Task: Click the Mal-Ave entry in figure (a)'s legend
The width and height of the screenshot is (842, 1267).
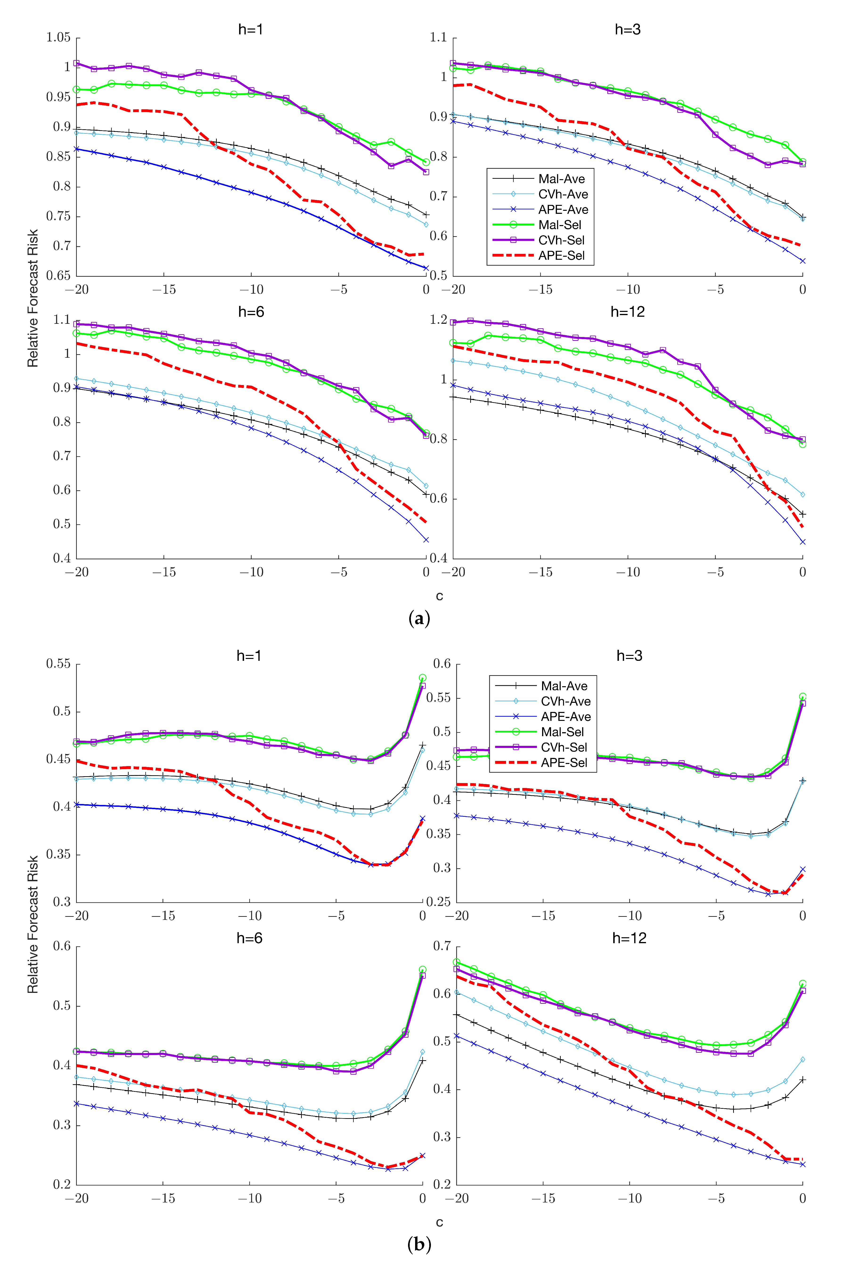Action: pyautogui.click(x=561, y=179)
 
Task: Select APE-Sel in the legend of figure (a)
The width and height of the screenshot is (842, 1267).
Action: pyautogui.click(x=561, y=256)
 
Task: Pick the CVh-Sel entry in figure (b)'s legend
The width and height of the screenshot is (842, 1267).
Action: pyautogui.click(x=564, y=747)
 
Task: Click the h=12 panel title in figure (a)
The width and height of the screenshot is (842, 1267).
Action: pyautogui.click(x=627, y=312)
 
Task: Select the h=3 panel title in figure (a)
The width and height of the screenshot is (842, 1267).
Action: pyautogui.click(x=627, y=29)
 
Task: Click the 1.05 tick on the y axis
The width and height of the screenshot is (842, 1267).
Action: pyautogui.click(x=58, y=38)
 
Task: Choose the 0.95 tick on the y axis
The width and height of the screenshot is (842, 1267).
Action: pyautogui.click(x=58, y=97)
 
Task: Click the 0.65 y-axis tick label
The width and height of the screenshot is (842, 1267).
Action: pyautogui.click(x=58, y=276)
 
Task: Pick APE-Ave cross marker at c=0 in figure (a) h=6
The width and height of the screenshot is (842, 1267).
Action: pyautogui.click(x=426, y=540)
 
